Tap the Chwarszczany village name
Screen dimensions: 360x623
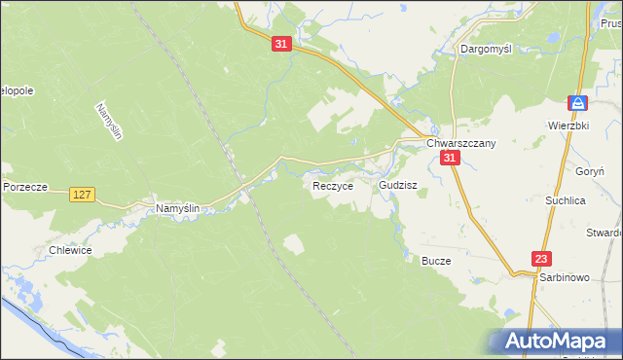[x=461, y=143]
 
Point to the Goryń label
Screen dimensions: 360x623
[x=590, y=169]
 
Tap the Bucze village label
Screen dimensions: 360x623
[x=436, y=261]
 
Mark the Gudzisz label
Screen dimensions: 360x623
[x=398, y=184]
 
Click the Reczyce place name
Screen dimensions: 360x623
[x=332, y=186]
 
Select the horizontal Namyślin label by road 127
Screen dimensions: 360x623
[x=178, y=208]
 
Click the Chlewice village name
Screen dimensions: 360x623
[x=70, y=250]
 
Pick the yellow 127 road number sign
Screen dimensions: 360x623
[x=83, y=196]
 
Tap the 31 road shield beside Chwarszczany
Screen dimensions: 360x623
[x=449, y=158]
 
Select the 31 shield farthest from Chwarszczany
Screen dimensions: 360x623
[x=280, y=45]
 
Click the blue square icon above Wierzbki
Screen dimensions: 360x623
[x=578, y=103]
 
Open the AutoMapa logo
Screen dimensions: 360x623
[x=555, y=341]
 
